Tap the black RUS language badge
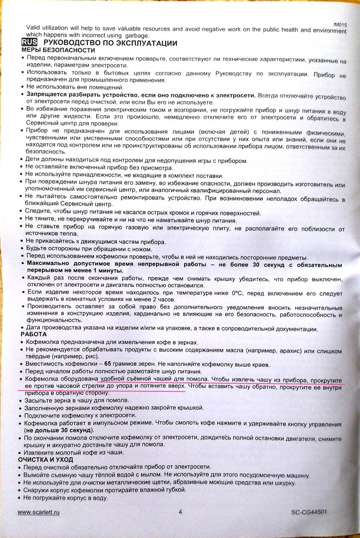point(30,42)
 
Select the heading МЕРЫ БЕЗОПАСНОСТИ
point(58,50)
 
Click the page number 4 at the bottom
point(180,512)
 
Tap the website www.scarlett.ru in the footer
point(38,512)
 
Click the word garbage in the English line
point(137,35)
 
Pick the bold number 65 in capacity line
point(98,364)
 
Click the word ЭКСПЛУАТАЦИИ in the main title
point(146,43)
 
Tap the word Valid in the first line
point(33,28)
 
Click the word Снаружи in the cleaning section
point(37,489)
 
